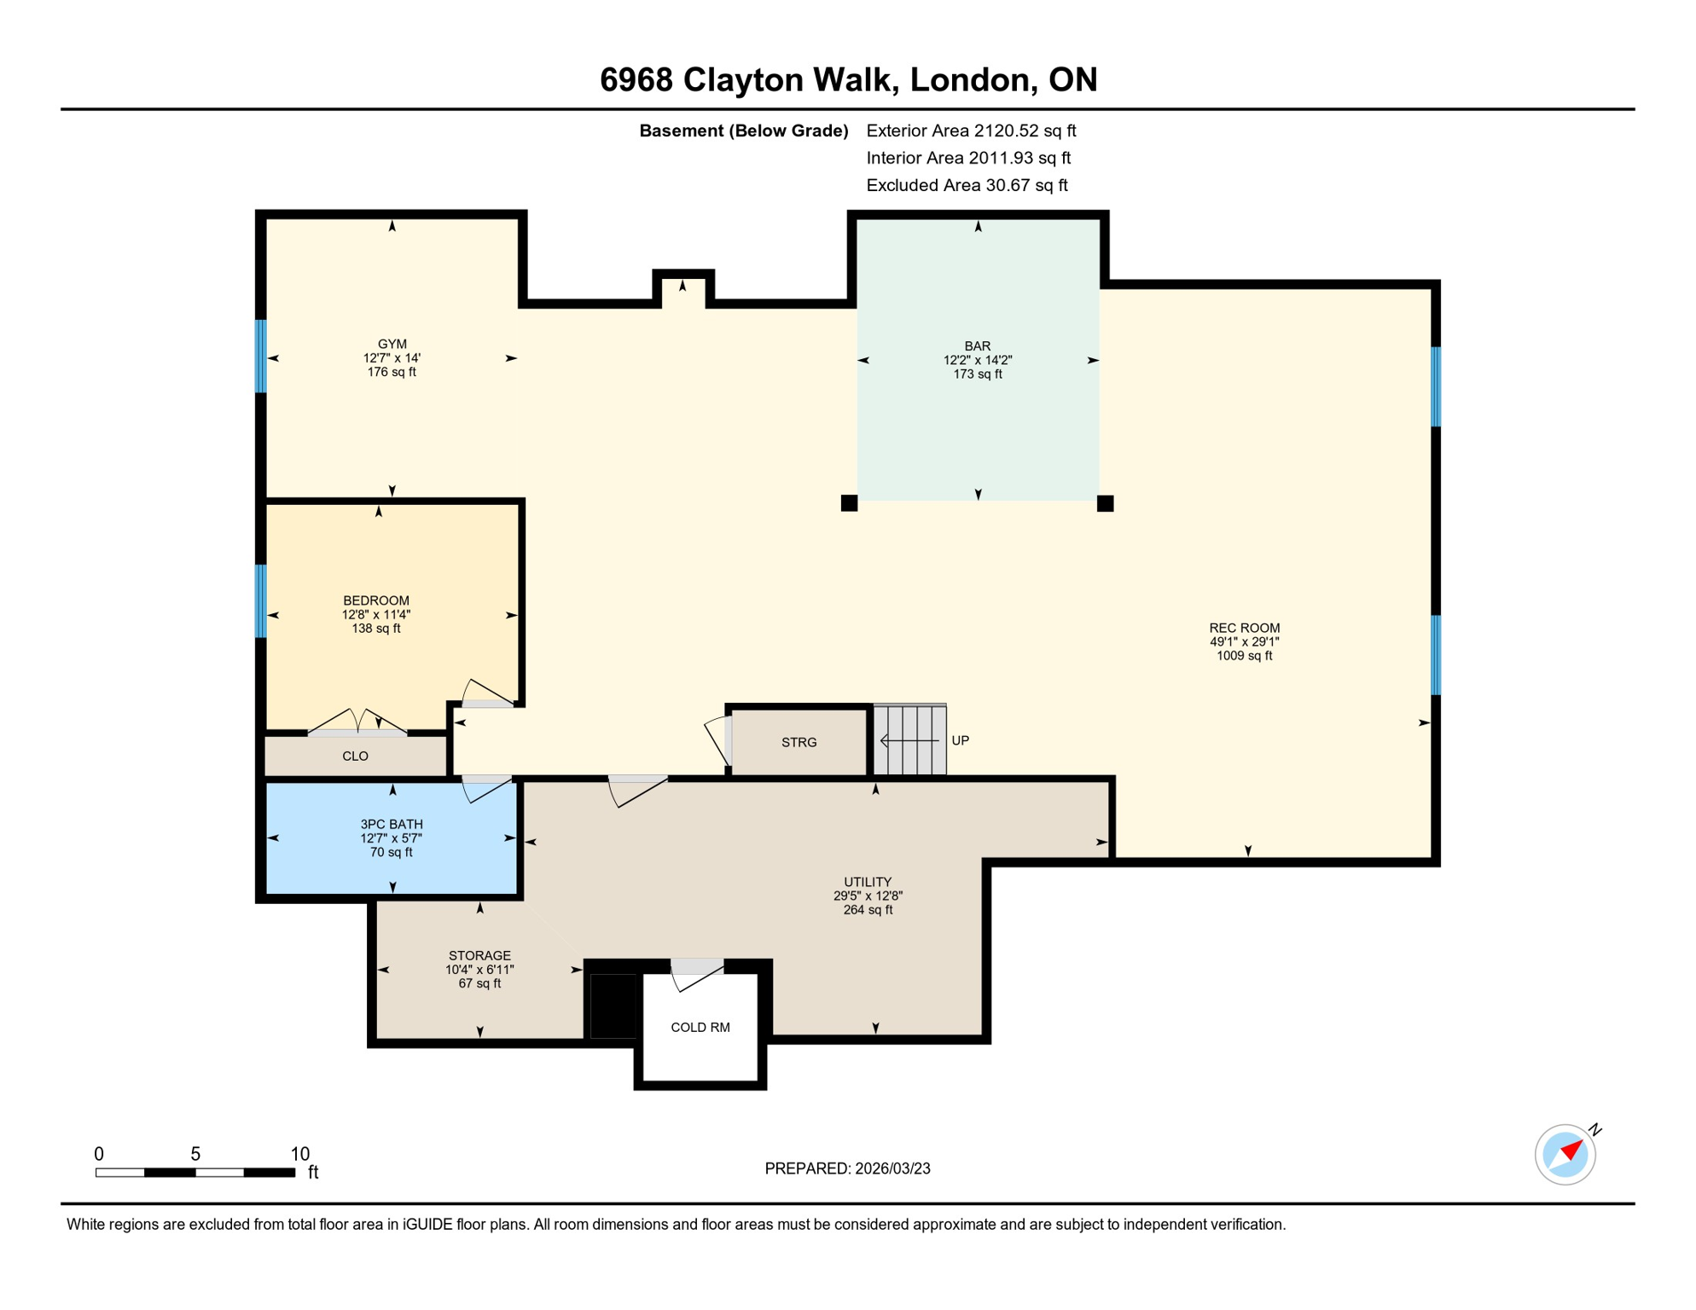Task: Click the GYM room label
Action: point(392,345)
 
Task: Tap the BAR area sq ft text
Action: point(978,374)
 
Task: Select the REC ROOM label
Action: point(1244,628)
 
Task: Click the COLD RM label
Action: point(700,1027)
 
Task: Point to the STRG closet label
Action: point(799,742)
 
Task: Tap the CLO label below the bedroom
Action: point(355,756)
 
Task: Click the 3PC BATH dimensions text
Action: point(391,838)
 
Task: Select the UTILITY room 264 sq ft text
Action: point(868,910)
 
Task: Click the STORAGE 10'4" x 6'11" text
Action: point(479,970)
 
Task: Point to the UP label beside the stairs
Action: point(960,740)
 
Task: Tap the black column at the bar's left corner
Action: point(849,503)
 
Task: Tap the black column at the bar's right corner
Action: point(1105,503)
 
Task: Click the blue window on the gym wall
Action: point(261,356)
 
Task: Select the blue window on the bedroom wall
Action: point(261,600)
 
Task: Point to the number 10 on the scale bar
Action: point(299,1154)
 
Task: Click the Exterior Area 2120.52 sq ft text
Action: point(971,130)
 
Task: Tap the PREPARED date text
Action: point(847,1168)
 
